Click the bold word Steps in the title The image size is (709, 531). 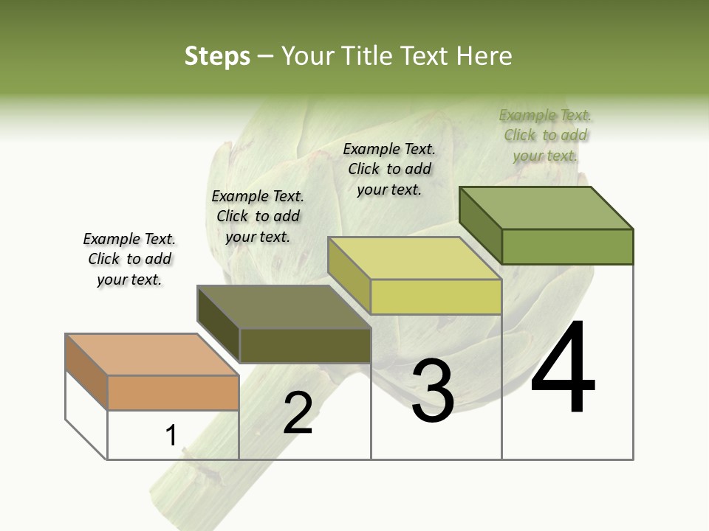click(217, 56)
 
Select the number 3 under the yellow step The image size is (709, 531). click(432, 390)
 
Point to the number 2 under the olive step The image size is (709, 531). click(298, 413)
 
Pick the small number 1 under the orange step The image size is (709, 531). click(171, 436)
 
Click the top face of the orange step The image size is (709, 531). click(152, 354)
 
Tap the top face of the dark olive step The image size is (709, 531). click(284, 306)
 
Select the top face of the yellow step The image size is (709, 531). click(414, 258)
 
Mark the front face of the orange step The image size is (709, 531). click(173, 392)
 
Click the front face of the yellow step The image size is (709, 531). click(436, 296)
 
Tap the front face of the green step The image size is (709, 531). click(567, 246)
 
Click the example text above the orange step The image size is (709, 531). click(129, 259)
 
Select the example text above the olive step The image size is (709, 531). click(258, 216)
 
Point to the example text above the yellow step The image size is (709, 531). click(389, 169)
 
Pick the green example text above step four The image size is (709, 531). click(546, 135)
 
